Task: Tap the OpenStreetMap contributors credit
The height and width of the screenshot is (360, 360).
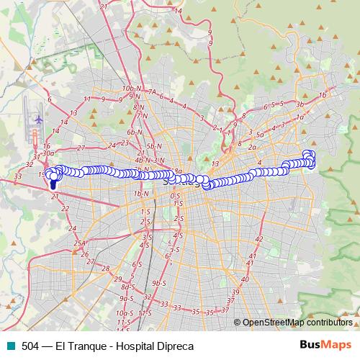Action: click(x=297, y=323)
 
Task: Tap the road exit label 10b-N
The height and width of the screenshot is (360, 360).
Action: click(x=130, y=88)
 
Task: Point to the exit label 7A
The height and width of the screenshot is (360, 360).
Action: click(x=152, y=92)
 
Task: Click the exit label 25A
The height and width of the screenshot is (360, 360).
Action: click(x=80, y=243)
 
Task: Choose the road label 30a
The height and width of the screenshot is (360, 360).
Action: click(x=48, y=153)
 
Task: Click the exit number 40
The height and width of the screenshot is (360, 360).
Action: click(x=245, y=279)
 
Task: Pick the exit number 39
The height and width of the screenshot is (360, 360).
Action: click(x=235, y=292)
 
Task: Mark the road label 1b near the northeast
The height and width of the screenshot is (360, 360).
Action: click(x=322, y=94)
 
